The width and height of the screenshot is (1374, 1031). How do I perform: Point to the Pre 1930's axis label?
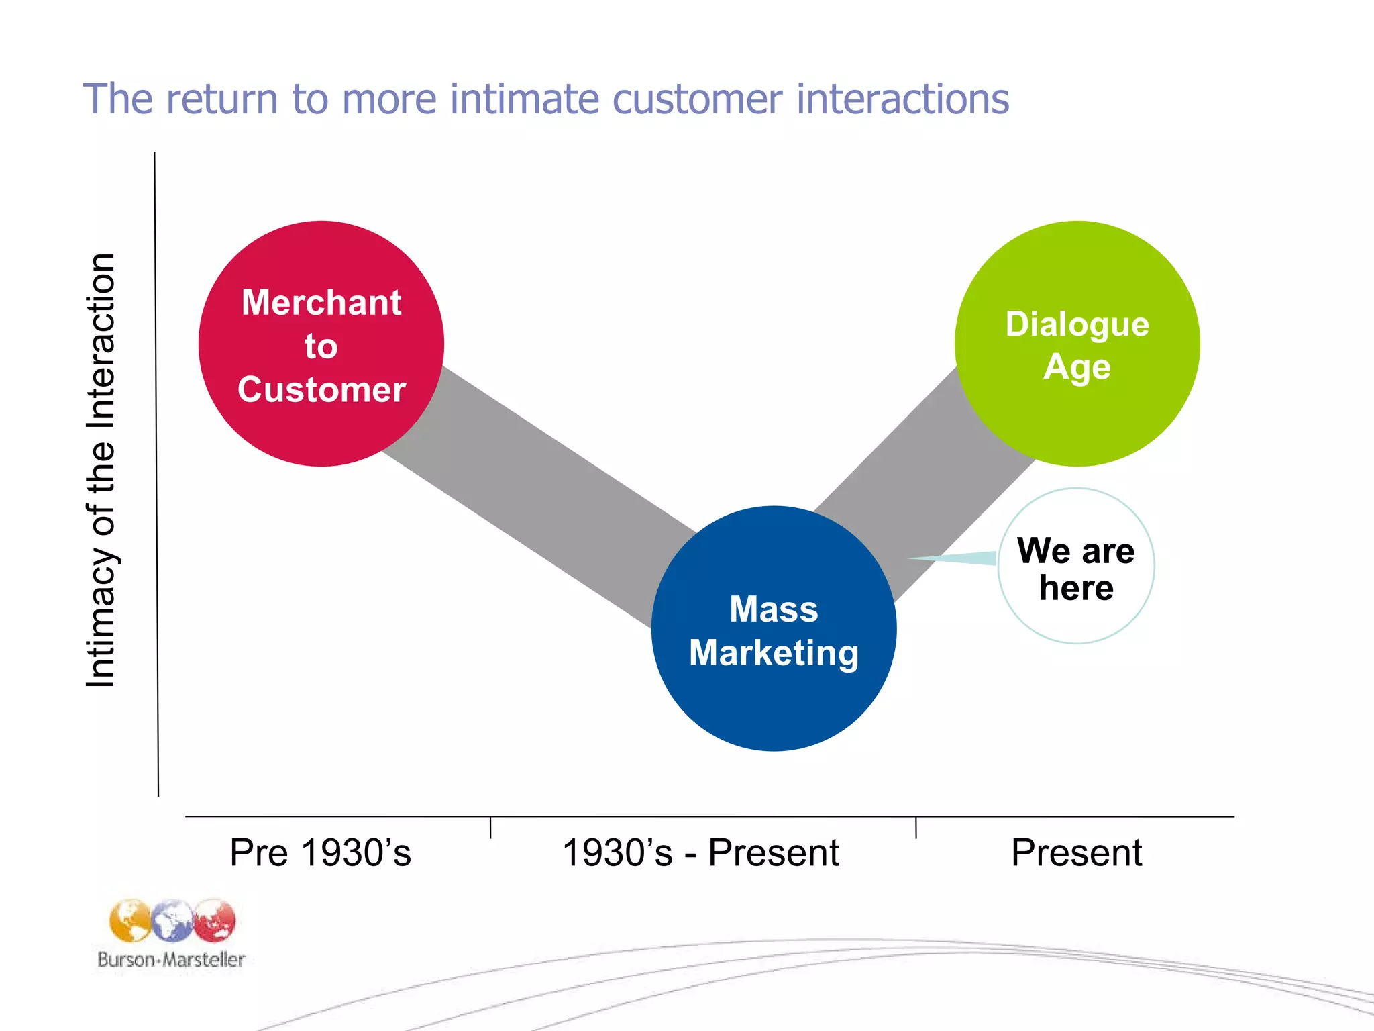point(320,852)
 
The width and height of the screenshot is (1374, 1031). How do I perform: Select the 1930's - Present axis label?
point(700,852)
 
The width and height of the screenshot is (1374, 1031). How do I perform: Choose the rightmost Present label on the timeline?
point(1076,852)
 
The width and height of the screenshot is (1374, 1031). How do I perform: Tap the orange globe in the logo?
point(130,921)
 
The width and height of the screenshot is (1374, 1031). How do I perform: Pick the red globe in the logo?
point(215,920)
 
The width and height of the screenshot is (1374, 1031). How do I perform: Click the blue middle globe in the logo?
point(172,921)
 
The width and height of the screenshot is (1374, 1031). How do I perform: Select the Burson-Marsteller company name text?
point(171,959)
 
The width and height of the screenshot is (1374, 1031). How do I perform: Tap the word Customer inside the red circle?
point(321,389)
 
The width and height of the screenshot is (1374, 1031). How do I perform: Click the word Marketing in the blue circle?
point(774,653)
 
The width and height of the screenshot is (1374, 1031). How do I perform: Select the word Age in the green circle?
point(1077,367)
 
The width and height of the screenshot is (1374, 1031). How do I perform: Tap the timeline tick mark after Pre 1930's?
point(491,827)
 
